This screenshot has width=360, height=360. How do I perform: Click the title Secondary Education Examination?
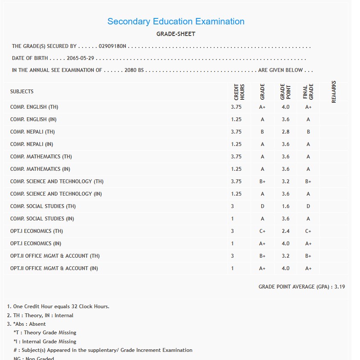[176, 21]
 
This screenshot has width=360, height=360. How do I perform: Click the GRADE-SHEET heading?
[176, 34]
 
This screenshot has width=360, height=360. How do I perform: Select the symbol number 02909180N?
[112, 46]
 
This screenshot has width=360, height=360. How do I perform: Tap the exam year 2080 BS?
[134, 70]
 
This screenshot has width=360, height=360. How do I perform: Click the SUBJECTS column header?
[22, 92]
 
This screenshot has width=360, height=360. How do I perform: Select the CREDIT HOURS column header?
[239, 92]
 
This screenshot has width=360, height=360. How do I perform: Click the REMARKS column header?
[334, 92]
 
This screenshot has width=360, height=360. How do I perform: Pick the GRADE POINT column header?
[285, 92]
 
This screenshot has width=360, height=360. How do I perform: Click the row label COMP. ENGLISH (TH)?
[34, 107]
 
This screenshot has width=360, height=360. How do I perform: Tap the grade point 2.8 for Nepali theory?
[286, 132]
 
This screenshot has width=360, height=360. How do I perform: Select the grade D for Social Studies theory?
[263, 206]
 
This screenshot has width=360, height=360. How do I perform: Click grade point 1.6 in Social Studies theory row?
[286, 206]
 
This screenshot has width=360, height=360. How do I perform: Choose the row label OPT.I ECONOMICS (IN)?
[35, 244]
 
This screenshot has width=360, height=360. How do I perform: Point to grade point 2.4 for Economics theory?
[286, 231]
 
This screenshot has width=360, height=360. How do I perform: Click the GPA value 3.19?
[339, 286]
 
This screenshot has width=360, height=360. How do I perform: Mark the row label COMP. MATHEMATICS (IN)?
[40, 169]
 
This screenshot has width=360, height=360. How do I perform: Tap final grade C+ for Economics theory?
[308, 231]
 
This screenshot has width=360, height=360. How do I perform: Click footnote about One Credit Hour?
[58, 306]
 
